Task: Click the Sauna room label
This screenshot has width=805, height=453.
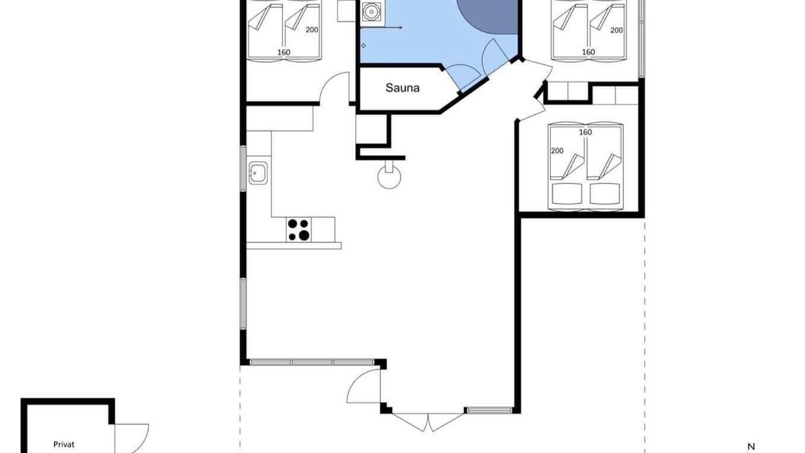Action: coord(402,87)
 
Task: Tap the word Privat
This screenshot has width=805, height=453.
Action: coord(64,444)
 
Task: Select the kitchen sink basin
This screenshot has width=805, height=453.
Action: coord(258,173)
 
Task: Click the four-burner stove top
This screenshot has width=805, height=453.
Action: coord(299,230)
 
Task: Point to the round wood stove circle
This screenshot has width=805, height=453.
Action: coord(389,177)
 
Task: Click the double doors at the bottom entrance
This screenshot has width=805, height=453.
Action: coord(428,422)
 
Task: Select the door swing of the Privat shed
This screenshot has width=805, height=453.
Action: coord(131,439)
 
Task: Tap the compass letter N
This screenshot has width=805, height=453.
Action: coord(751,447)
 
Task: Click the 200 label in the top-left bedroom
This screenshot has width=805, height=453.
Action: coord(312,30)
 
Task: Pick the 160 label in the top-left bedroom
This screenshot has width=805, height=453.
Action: coord(284,52)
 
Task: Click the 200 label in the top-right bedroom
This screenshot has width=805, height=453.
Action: coord(616,30)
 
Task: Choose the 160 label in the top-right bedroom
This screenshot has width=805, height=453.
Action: coord(588,52)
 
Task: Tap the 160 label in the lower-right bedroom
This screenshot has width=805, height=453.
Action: coord(586,132)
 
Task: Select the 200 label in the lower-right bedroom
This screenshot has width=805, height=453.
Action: coord(557,150)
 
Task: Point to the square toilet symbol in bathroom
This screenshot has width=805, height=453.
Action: coord(371,12)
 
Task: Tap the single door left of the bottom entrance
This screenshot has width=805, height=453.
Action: coord(364,386)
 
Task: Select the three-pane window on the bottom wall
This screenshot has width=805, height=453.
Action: coord(312,362)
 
